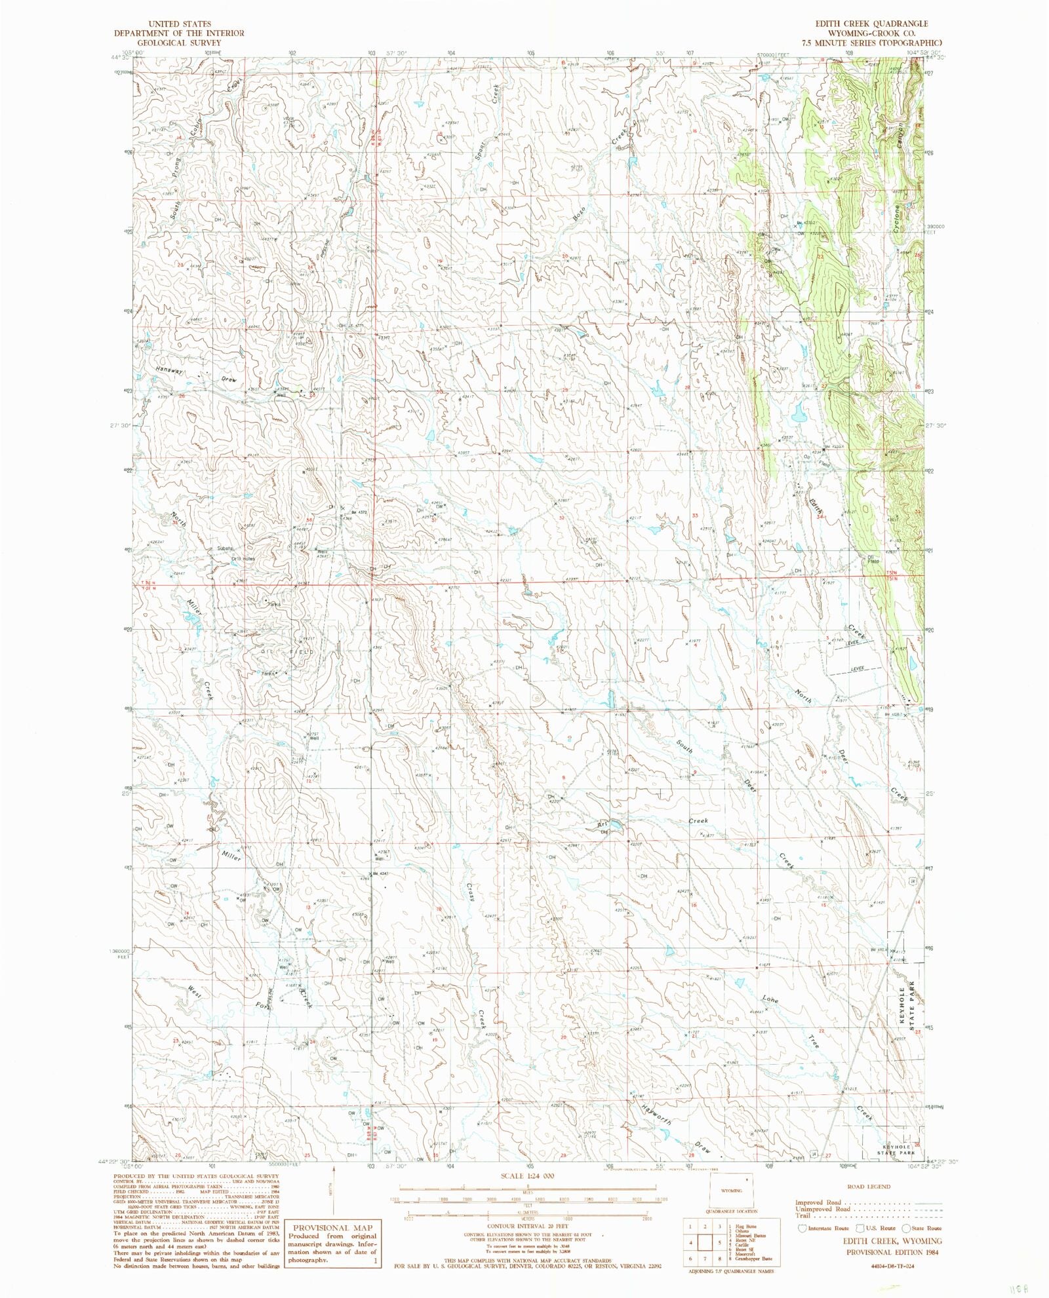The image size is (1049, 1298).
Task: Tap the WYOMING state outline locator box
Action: coord(731,1190)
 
